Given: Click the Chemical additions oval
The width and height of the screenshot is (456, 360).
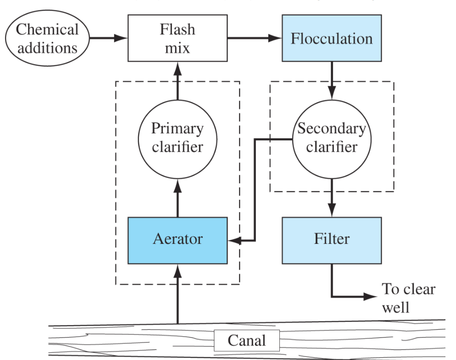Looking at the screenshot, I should pyautogui.click(x=47, y=39).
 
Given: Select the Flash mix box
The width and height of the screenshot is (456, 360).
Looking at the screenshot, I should pyautogui.click(x=177, y=39).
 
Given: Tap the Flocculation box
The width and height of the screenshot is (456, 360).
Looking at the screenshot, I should pyautogui.click(x=332, y=39).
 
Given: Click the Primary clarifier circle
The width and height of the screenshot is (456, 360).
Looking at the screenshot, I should pyautogui.click(x=177, y=138).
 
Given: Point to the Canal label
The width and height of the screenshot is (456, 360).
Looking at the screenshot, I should pyautogui.click(x=246, y=341).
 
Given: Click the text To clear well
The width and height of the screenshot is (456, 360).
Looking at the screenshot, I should pyautogui.click(x=408, y=298).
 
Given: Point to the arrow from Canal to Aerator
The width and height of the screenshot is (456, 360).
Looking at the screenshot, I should pyautogui.click(x=177, y=294).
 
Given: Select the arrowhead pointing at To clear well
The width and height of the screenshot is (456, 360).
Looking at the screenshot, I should pyautogui.click(x=371, y=297).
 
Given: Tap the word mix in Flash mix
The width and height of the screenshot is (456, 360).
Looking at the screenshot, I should pyautogui.click(x=177, y=48).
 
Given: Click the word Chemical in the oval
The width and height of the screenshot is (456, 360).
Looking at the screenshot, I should pyautogui.click(x=47, y=30).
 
